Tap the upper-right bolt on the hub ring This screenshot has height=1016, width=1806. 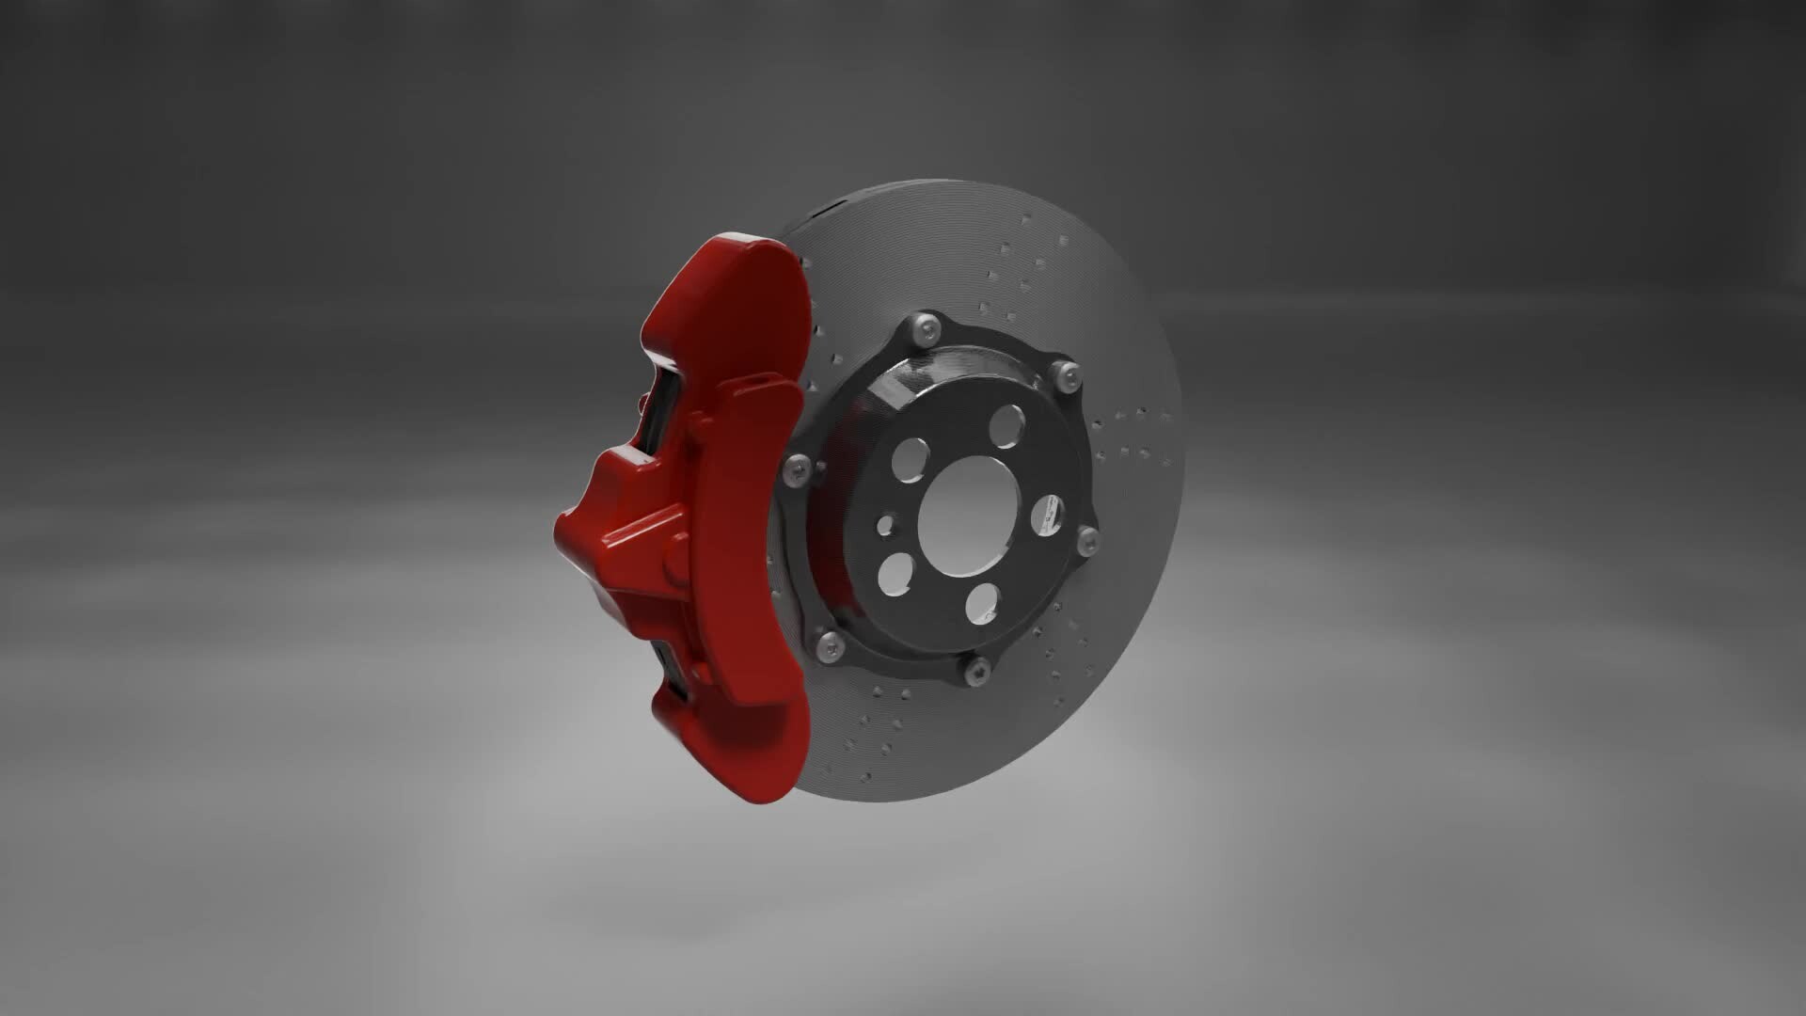(x=1063, y=373)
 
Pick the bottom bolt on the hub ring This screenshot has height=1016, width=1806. (x=978, y=671)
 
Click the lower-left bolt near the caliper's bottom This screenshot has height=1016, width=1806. (x=829, y=644)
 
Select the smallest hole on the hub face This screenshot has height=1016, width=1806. (x=886, y=525)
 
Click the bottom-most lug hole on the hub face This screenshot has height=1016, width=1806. (x=985, y=603)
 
